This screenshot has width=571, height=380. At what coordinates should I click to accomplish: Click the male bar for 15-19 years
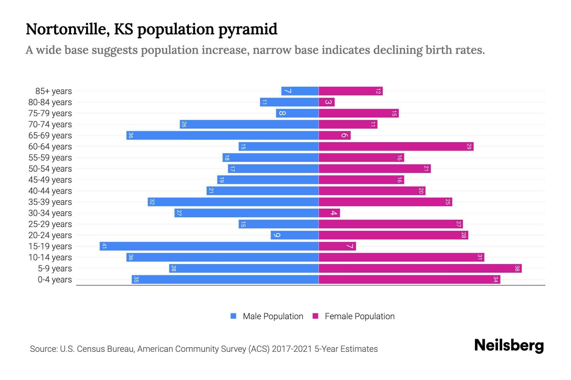[x=209, y=246]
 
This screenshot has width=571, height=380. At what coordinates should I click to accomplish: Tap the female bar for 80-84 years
[x=327, y=102]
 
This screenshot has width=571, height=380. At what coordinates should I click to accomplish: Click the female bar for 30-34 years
[x=329, y=213]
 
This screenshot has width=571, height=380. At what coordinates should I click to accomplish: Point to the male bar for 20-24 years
[x=295, y=235]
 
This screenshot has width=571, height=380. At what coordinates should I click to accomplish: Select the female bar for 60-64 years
[x=396, y=147]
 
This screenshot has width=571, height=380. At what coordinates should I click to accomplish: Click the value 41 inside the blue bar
[x=104, y=246]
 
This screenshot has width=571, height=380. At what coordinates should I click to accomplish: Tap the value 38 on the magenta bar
[x=517, y=269]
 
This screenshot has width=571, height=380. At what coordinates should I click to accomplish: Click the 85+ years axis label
[x=54, y=91]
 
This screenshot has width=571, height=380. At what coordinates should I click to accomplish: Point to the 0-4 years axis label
[x=55, y=280]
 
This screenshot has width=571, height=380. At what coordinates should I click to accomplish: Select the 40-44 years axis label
[x=50, y=191]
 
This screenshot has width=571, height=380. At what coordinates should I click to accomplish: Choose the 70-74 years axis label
[x=50, y=124]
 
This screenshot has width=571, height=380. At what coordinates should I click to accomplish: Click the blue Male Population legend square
[x=233, y=316]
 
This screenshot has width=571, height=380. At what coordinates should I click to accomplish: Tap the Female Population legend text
[x=359, y=316]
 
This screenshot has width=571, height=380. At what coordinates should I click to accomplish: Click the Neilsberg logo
[x=509, y=345]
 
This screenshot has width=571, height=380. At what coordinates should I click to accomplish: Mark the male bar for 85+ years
[x=300, y=91]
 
